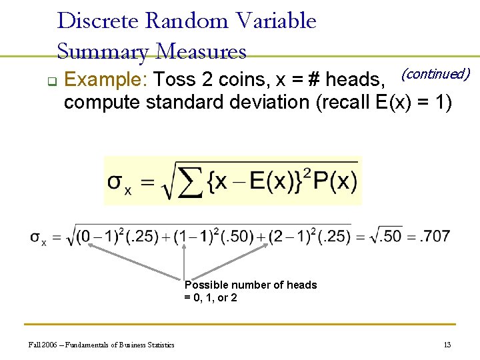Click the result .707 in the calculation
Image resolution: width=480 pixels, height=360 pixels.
[x=435, y=236]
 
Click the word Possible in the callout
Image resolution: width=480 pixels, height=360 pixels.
[x=205, y=285]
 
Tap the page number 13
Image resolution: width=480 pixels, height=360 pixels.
[x=447, y=345]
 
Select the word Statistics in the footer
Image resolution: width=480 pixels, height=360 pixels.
[x=159, y=345]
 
